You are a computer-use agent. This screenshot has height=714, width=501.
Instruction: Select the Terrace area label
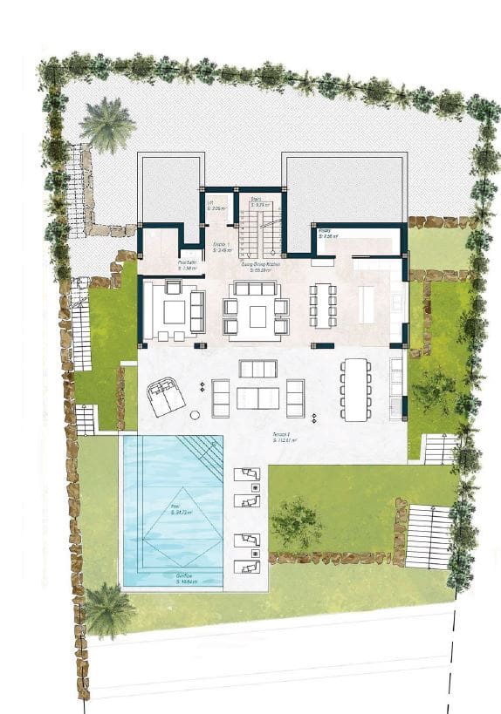click(286, 440)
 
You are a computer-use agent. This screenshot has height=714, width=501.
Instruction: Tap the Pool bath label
click(189, 263)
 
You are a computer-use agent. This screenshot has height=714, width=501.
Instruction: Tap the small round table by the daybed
click(196, 414)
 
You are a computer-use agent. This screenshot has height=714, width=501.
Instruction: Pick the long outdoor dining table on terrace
click(355, 389)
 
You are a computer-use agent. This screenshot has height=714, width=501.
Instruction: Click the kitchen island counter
click(367, 305)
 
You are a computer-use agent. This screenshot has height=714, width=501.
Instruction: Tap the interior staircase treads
click(260, 233)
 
